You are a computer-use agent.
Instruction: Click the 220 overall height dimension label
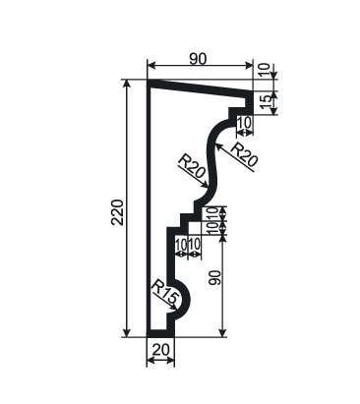point(117,212)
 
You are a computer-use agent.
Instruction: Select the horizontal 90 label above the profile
point(198,59)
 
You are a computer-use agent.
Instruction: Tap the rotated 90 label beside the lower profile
point(215,278)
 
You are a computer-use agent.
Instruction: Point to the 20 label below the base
point(161,350)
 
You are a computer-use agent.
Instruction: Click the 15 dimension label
point(268,102)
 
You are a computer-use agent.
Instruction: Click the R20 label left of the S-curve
point(192,166)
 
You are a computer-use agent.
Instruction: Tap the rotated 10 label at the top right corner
point(267,70)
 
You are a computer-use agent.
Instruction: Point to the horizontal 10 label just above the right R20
point(244,123)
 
